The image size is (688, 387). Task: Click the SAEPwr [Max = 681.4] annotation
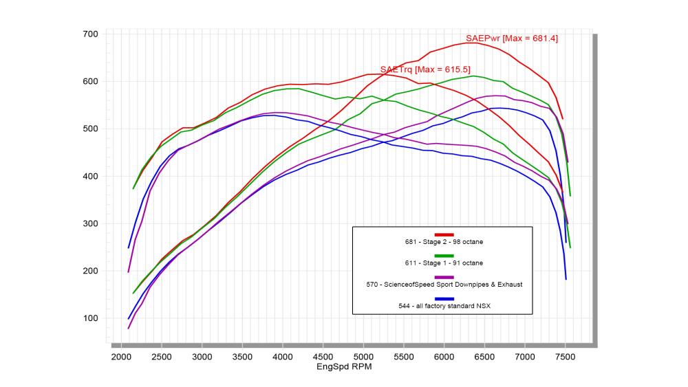(512, 38)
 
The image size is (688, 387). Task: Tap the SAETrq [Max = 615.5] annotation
(425, 70)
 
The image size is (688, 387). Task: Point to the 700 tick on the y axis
(91, 34)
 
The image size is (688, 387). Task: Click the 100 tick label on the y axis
(91, 318)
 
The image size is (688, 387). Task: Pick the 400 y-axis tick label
(91, 177)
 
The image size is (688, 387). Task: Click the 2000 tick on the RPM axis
(121, 357)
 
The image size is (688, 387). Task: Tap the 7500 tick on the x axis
(565, 357)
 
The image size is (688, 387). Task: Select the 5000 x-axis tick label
(363, 357)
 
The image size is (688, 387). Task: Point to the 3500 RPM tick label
(242, 357)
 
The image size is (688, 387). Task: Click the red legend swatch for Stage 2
(444, 234)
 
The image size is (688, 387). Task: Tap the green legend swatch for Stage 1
(444, 256)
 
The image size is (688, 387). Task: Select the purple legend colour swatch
(444, 277)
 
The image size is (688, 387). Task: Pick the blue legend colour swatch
(444, 298)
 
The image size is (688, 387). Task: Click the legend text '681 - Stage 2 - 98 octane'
(444, 242)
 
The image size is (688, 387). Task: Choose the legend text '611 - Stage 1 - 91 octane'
(444, 263)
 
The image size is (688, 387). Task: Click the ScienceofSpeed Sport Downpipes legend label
(444, 285)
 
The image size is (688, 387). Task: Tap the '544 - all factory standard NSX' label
(444, 306)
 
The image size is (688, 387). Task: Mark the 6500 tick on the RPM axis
(484, 357)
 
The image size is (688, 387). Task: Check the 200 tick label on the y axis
(91, 272)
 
